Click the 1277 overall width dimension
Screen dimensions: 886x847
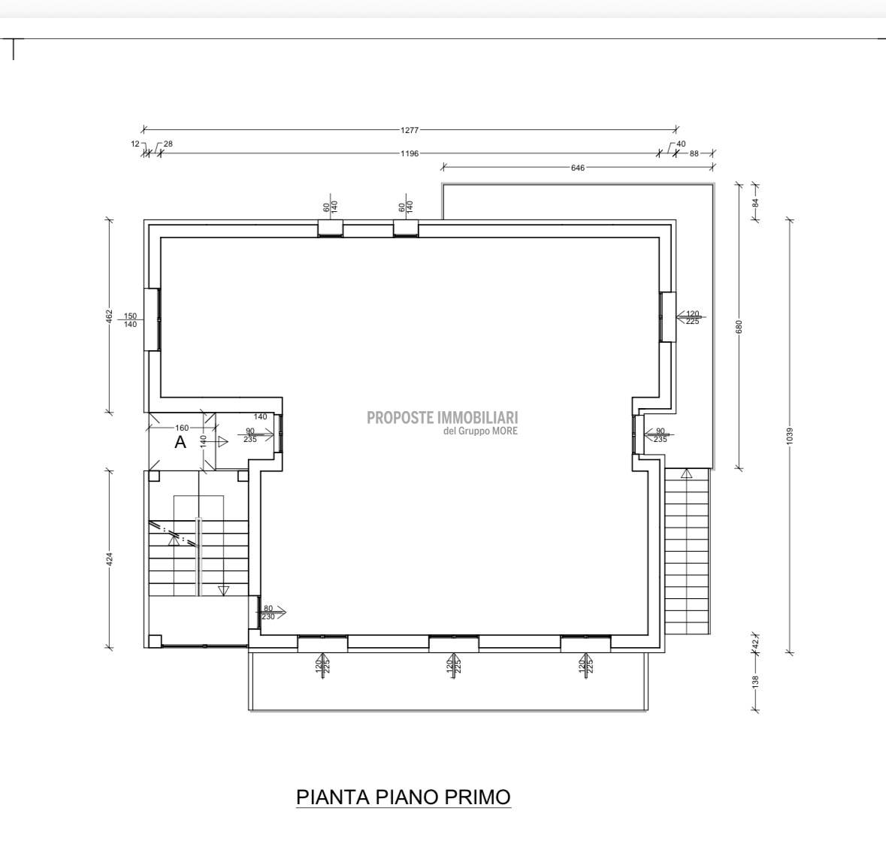410,130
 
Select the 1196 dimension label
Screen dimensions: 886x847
410,153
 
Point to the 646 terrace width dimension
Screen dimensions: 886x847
577,168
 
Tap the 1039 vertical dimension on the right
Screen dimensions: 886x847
790,436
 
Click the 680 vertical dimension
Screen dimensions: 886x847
739,327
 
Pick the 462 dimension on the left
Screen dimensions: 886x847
109,316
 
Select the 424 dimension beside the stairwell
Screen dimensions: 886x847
109,559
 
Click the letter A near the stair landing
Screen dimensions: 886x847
180,442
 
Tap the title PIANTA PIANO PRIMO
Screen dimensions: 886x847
404,797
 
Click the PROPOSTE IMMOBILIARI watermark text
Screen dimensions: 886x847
443,418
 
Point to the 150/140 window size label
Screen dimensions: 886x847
130,320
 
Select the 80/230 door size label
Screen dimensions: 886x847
268,613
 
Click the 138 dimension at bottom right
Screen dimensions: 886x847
755,682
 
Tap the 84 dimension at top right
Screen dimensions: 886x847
755,202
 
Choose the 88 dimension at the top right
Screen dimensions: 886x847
694,153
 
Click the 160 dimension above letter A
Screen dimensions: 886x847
182,428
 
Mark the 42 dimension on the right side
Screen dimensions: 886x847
755,642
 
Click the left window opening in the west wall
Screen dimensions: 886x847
152,320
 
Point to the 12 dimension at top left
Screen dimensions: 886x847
135,144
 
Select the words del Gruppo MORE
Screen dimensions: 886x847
480,431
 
